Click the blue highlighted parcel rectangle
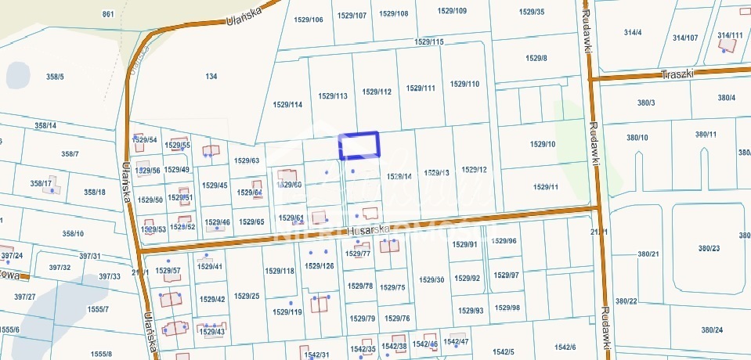(359, 146)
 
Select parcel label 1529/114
(287, 104)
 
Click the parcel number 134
(211, 76)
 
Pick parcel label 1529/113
(333, 95)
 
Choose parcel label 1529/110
(465, 84)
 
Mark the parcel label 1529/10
(543, 144)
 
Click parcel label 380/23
(709, 248)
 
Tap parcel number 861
(108, 15)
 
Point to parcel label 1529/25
(246, 296)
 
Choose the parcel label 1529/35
(532, 12)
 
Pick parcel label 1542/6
(565, 347)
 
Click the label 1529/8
(536, 59)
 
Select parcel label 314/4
(633, 32)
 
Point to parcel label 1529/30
(431, 279)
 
